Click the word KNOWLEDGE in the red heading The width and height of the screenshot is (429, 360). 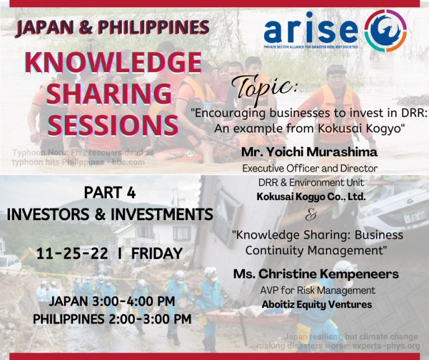[112, 63]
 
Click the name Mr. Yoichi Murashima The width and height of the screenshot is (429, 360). [309, 152]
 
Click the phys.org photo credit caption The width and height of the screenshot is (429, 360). [351, 341]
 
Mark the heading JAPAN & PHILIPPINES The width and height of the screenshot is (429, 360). [112, 27]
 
